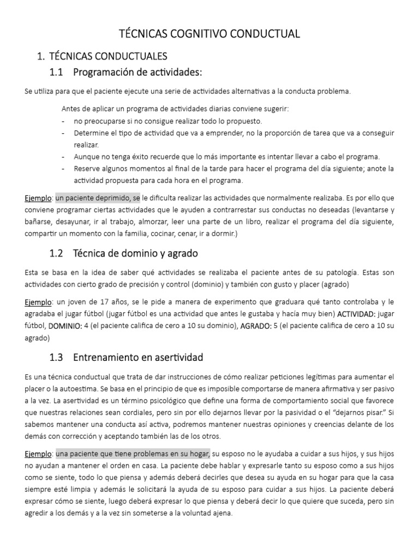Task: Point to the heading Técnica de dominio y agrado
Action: (x=135, y=253)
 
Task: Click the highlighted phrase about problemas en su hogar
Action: (x=133, y=454)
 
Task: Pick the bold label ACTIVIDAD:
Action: (x=356, y=314)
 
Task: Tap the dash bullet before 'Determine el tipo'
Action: (x=64, y=133)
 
